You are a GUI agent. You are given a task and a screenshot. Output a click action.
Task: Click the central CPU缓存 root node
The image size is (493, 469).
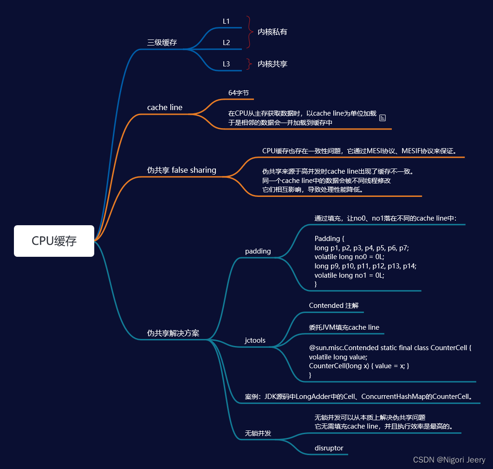click(54, 241)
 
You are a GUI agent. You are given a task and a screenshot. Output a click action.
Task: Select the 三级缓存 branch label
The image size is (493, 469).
click(162, 43)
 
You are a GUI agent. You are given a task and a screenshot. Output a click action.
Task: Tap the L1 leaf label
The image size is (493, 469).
click(226, 21)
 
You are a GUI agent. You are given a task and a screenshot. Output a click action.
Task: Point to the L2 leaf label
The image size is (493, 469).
click(226, 43)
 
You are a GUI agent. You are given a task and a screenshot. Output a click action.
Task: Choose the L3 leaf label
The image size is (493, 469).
click(226, 64)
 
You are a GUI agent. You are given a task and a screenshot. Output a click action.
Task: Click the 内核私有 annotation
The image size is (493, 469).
click(272, 32)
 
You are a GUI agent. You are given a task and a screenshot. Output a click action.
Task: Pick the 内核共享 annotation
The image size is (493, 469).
click(272, 64)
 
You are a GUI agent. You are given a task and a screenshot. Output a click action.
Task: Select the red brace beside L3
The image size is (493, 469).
click(249, 64)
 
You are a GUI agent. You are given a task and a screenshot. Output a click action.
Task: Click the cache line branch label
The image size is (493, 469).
click(165, 107)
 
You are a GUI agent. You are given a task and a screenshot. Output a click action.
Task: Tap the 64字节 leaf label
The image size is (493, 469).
click(239, 93)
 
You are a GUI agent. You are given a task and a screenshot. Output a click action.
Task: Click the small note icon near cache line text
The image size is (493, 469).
click(383, 118)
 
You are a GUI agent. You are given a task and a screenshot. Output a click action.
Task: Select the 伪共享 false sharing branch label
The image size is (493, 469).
click(182, 170)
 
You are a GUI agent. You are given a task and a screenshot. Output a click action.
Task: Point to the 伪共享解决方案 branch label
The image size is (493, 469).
click(173, 333)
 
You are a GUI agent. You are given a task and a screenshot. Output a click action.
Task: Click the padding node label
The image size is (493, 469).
click(258, 251)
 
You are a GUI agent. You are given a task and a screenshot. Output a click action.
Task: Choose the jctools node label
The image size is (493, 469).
click(255, 340)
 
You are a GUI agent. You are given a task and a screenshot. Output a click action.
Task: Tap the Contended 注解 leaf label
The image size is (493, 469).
click(333, 306)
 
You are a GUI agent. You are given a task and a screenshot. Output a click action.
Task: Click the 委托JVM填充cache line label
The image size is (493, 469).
click(344, 327)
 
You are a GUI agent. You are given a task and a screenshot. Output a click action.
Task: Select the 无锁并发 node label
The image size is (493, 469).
click(258, 434)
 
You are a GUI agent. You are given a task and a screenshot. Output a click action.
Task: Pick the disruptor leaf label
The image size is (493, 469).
click(329, 448)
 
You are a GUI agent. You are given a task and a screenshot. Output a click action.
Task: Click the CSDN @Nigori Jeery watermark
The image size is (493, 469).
click(449, 460)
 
